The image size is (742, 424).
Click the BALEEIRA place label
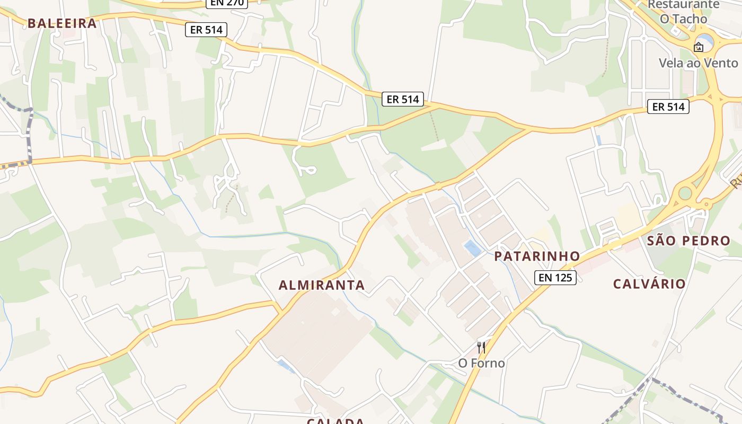pyautogui.click(x=62, y=23)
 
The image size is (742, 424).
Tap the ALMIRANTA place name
pyautogui.click(x=322, y=285)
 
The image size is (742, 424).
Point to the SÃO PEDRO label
pyautogui.click(x=688, y=241)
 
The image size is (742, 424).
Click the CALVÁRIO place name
pyautogui.click(x=649, y=284)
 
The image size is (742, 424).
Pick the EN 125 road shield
pyautogui.click(x=555, y=277)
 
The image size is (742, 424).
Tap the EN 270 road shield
pyautogui.click(x=227, y=3)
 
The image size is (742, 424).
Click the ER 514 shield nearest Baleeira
pyautogui.click(x=206, y=30)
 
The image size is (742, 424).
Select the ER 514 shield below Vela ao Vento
pyautogui.click(x=668, y=107)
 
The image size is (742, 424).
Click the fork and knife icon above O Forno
pyautogui.click(x=481, y=348)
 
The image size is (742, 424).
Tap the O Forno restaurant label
pyautogui.click(x=481, y=364)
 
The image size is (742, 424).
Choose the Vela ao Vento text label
pyautogui.click(x=698, y=63)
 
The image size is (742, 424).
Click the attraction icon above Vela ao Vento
pyautogui.click(x=699, y=47)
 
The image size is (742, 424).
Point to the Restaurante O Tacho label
pyautogui.click(x=683, y=12)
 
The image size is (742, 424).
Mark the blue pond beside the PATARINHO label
pyautogui.click(x=471, y=248)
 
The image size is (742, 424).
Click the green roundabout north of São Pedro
pyautogui.click(x=685, y=193)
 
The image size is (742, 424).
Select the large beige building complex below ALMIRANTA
pyautogui.click(x=318, y=334)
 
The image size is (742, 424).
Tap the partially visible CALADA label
pyautogui.click(x=335, y=421)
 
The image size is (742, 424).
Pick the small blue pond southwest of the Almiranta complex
pyautogui.click(x=285, y=365)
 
